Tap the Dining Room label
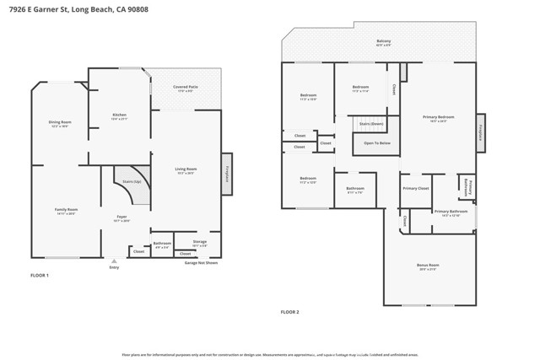[60, 124]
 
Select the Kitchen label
[120, 116]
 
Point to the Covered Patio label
[186, 89]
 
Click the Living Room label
[186, 170]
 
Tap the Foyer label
[121, 218]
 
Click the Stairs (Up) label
[131, 181]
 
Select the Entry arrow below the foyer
[114, 261]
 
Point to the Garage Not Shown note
[201, 262]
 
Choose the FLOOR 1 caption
[40, 276]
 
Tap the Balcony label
[383, 42]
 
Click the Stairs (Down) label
[371, 123]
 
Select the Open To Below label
[376, 143]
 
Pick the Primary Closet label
[415, 189]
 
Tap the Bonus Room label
[428, 266]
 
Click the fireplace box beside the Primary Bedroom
[481, 132]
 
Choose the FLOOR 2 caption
[290, 312]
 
